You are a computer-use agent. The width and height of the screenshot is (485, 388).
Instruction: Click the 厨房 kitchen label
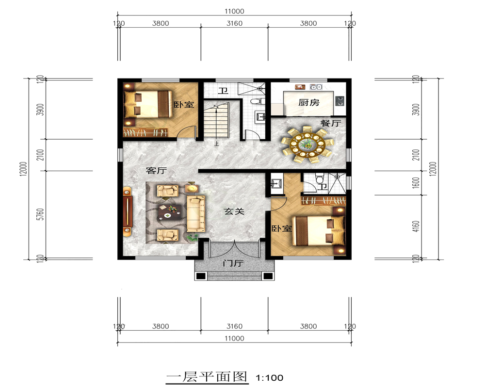point(308,102)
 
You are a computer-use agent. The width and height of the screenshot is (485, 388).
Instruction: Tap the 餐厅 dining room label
point(331,123)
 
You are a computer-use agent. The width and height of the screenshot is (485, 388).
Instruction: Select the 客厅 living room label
point(156,171)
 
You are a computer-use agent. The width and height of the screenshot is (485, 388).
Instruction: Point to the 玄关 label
point(234,211)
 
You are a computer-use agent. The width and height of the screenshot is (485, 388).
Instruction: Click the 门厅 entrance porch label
point(233,263)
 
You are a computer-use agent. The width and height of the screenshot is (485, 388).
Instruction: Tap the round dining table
point(307,144)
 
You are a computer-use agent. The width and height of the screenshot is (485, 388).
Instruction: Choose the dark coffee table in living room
point(169,212)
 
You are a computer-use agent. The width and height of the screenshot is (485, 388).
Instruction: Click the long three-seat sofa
point(195,213)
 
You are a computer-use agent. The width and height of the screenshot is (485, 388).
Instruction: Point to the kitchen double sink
point(316,87)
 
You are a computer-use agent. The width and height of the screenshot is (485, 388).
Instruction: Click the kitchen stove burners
point(340,99)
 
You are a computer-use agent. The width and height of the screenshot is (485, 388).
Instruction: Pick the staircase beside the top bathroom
point(216,121)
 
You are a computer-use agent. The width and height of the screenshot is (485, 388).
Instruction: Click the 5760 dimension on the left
point(41,214)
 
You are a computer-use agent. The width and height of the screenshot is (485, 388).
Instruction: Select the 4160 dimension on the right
point(416,227)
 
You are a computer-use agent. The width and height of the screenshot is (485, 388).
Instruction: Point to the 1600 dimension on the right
point(416,183)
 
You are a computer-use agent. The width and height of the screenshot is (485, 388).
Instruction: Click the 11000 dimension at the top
point(234,12)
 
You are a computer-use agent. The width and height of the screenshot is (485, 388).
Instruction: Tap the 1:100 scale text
point(269,378)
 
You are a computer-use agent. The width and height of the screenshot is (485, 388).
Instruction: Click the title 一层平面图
point(207,377)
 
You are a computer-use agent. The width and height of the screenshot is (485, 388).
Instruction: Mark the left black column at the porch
point(201,275)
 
